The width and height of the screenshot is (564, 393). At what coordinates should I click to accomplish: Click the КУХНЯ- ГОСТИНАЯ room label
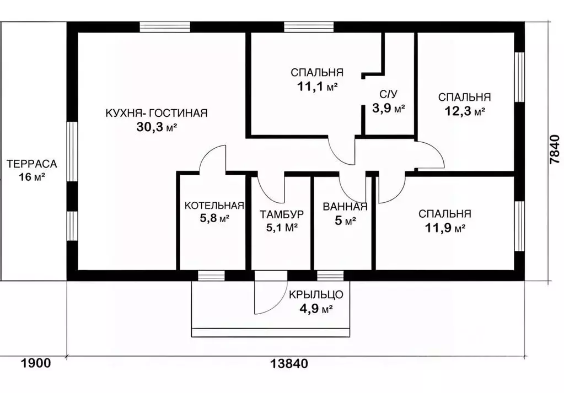pos(157,113)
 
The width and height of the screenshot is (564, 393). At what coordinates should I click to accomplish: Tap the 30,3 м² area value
pos(157,127)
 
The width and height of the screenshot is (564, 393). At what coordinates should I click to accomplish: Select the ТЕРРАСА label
pos(32,164)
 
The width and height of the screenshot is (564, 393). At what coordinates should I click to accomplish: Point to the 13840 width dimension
pos(289,364)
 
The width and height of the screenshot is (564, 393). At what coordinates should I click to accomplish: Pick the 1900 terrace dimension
pos(36,363)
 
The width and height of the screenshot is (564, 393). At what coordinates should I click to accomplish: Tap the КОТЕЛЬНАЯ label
pos(214,205)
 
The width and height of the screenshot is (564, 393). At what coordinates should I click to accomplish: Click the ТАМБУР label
pos(282,214)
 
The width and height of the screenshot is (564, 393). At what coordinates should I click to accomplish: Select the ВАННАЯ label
pos(345,206)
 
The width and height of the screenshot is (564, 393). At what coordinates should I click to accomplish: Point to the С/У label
pos(389,95)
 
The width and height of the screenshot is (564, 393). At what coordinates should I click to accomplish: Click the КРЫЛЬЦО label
pos(316,295)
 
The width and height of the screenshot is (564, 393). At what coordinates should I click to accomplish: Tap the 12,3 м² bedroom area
pos(465,111)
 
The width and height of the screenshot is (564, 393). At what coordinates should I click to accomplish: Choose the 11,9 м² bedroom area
pos(445,228)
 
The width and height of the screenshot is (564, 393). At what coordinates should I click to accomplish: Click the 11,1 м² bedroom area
pos(317,87)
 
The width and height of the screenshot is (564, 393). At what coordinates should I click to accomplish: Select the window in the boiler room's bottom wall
pos(212,276)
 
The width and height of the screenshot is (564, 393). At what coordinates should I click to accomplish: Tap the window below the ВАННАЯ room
pos(330,276)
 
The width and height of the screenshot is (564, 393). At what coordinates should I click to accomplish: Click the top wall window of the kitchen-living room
pos(165,27)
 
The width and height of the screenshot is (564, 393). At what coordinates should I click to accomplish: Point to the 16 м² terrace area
pos(32,177)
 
